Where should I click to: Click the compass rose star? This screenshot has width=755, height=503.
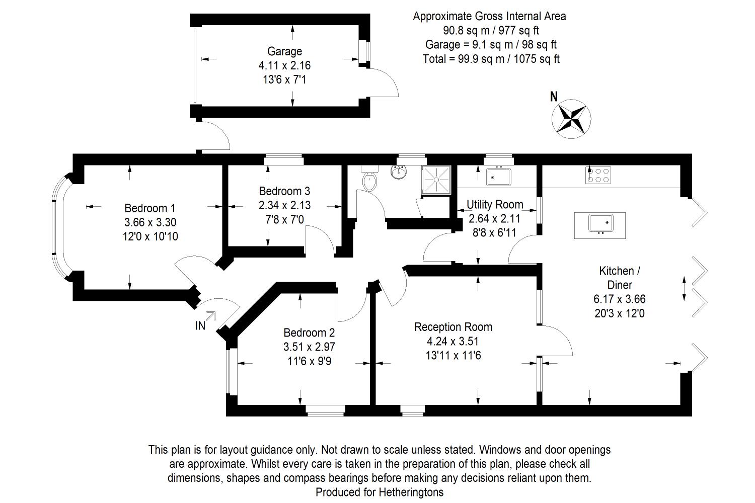pyautogui.click(x=572, y=119)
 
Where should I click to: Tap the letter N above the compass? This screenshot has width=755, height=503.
pyautogui.click(x=554, y=97)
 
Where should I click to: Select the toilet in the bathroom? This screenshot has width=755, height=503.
pyautogui.click(x=369, y=180)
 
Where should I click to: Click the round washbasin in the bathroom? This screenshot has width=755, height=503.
pyautogui.click(x=399, y=173)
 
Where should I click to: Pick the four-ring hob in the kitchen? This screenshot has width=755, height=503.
pyautogui.click(x=598, y=175)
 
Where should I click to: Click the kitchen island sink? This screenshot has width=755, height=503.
pyautogui.click(x=600, y=223)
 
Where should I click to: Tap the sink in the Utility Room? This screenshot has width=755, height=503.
pyautogui.click(x=498, y=176)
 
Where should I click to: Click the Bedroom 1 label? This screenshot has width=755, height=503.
pyautogui.click(x=150, y=208)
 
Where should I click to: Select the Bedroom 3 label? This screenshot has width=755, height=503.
pyautogui.click(x=284, y=191)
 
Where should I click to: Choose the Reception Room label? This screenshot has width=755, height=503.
pyautogui.click(x=453, y=327)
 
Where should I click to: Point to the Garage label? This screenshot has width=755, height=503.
pyautogui.click(x=284, y=51)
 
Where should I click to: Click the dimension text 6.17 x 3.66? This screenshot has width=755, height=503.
pyautogui.click(x=619, y=299)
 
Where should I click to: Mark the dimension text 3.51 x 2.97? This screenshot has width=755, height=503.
pyautogui.click(x=309, y=347)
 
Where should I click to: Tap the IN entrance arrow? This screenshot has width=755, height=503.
pyautogui.click(x=210, y=316)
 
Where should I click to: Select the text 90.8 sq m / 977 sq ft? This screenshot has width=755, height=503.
pyautogui.click(x=491, y=30)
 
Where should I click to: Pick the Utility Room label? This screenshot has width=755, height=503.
pyautogui.click(x=495, y=205)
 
